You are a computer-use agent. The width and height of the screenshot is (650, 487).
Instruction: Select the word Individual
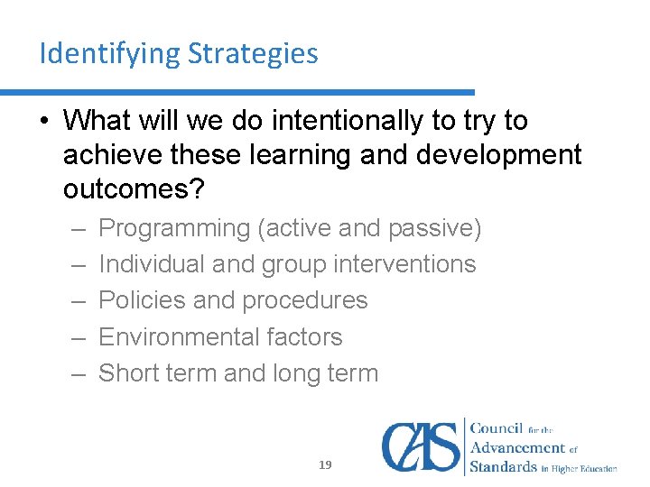click(x=150, y=264)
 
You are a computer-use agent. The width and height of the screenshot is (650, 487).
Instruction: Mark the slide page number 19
click(x=325, y=465)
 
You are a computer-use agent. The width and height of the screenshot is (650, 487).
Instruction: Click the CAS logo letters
click(x=420, y=446)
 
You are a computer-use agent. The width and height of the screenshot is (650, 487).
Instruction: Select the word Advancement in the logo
click(x=518, y=448)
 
